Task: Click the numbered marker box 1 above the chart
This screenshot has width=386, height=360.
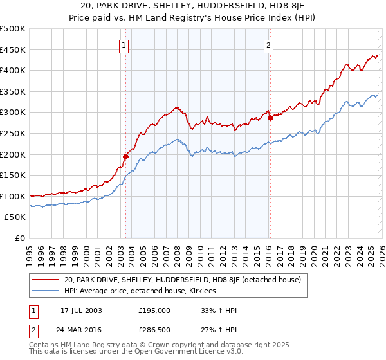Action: [123, 45]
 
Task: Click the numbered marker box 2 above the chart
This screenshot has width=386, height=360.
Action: [268, 45]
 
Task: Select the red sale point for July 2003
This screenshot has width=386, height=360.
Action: [126, 156]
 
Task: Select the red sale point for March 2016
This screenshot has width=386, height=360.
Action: [270, 118]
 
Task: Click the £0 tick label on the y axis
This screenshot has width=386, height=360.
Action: [21, 238]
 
